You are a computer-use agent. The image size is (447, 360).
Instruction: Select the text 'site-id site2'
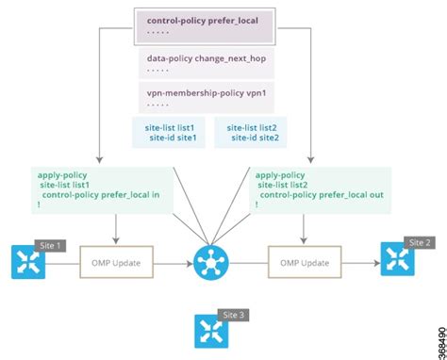[255, 137]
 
